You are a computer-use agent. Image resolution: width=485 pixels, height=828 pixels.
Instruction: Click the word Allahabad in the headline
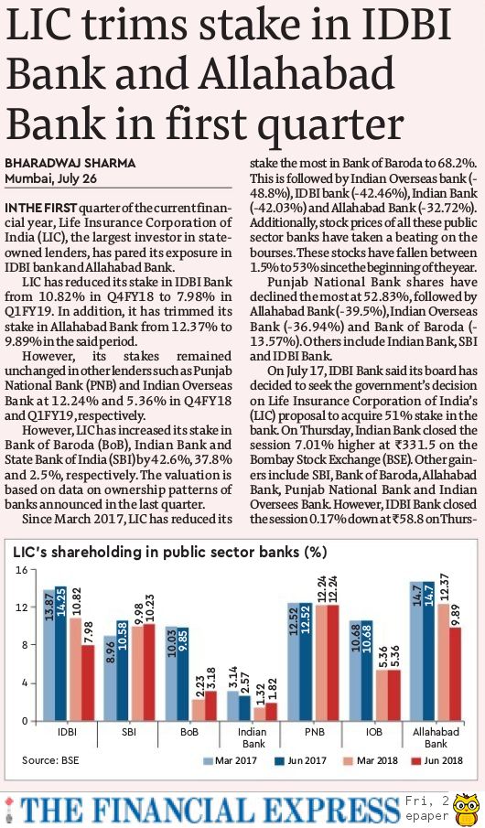tap(296, 74)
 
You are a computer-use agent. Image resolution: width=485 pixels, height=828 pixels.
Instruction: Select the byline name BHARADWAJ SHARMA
tap(70, 163)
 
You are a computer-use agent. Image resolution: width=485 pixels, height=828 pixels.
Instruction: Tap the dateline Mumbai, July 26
tap(51, 178)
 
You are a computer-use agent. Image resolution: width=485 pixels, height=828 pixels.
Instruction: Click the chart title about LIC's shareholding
tap(169, 553)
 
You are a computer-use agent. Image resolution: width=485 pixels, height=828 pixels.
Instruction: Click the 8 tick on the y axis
tap(25, 645)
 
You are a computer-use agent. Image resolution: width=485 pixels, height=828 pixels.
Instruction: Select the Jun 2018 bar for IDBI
tap(88, 683)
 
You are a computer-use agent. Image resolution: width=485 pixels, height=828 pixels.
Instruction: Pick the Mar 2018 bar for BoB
tap(198, 710)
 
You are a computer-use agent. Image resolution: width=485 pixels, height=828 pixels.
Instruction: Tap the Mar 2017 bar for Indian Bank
tap(233, 706)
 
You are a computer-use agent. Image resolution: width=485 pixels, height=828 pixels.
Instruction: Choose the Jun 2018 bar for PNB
tap(333, 662)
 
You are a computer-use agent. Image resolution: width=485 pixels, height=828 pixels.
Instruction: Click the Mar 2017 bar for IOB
tap(355, 671)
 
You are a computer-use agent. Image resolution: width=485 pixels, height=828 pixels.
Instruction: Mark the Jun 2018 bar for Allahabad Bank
tap(455, 673)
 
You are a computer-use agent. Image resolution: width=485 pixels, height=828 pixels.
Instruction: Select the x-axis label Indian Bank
tap(252, 737)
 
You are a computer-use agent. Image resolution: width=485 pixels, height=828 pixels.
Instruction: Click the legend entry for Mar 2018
tap(371, 761)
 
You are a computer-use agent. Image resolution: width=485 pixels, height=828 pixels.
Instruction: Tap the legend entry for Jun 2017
tap(300, 761)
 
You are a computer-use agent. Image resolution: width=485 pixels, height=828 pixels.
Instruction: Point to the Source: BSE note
tap(50, 760)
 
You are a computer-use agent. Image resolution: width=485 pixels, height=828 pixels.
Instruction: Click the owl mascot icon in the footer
tap(467, 809)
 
